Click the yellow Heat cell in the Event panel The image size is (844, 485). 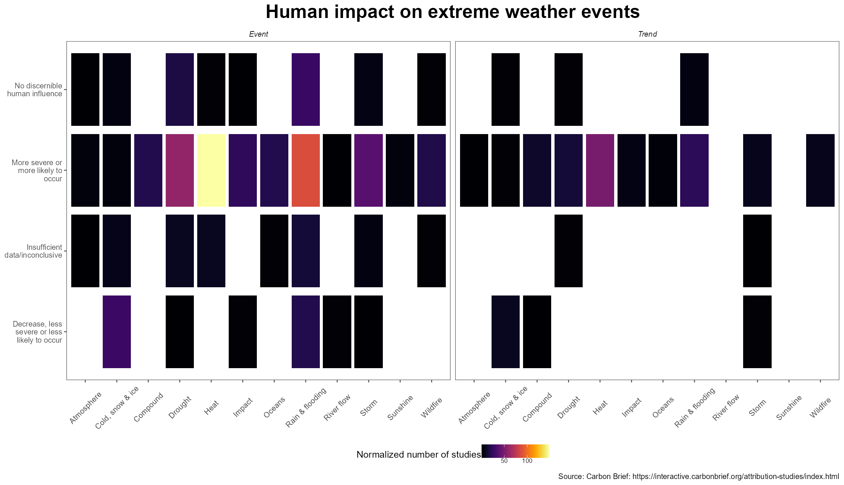click(x=211, y=170)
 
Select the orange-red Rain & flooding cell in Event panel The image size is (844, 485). click(x=306, y=170)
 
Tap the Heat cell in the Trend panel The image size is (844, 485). click(x=600, y=170)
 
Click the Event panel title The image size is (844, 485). click(x=258, y=34)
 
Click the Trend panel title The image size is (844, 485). click(x=647, y=34)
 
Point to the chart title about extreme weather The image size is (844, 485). click(x=452, y=12)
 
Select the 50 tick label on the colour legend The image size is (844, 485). click(x=504, y=461)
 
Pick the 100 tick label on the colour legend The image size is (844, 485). click(x=527, y=461)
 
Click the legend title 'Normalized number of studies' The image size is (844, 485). click(x=418, y=455)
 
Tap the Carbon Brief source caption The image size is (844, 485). click(x=698, y=476)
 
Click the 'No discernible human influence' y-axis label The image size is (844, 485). click(x=35, y=90)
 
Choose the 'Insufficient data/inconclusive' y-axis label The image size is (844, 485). click(x=34, y=251)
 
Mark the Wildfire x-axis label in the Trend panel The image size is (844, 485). click(x=820, y=408)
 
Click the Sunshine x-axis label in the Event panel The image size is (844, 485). click(x=400, y=407)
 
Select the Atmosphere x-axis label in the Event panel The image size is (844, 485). click(x=85, y=408)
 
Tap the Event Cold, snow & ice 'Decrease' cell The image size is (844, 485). click(x=117, y=331)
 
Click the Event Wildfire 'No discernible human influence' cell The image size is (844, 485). click(x=432, y=90)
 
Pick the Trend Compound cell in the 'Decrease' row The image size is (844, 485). click(x=537, y=331)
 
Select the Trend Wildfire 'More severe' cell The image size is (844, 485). click(x=820, y=170)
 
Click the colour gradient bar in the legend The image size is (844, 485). click(x=515, y=451)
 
